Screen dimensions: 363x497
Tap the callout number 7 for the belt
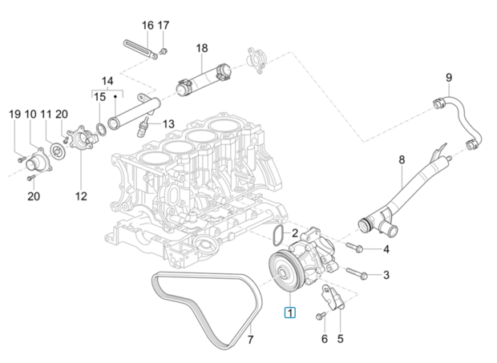tap(249, 339)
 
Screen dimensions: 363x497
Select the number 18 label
tap(201, 48)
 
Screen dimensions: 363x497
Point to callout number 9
tap(449, 78)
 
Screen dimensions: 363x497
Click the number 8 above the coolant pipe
tap(402, 160)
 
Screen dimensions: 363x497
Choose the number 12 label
tap(80, 196)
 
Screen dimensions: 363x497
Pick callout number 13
tap(168, 124)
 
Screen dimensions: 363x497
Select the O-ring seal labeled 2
tap(276, 236)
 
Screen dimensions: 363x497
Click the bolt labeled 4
tap(358, 248)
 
